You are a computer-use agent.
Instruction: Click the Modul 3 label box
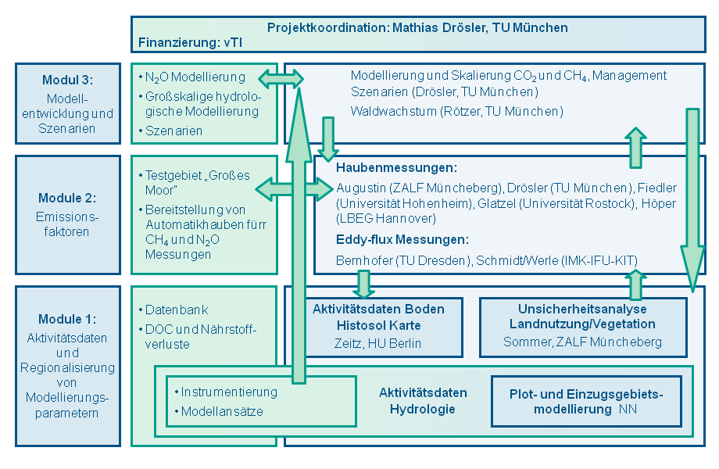click(x=69, y=103)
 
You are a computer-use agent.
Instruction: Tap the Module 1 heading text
click(x=69, y=319)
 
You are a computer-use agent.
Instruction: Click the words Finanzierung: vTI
click(x=190, y=42)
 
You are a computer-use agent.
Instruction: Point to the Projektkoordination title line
click(x=417, y=27)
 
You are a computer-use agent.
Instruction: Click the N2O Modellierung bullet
click(x=195, y=77)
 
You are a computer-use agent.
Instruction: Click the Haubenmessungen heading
click(x=396, y=168)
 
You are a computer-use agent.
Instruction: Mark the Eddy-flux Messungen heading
click(x=402, y=239)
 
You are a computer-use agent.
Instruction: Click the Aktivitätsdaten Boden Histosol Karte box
click(x=378, y=325)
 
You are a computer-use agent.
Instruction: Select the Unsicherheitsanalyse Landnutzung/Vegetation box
click(x=582, y=325)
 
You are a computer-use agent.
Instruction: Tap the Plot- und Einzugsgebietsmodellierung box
click(x=586, y=401)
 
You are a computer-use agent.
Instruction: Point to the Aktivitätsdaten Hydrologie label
click(x=423, y=400)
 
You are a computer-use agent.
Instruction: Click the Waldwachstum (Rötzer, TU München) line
click(x=456, y=111)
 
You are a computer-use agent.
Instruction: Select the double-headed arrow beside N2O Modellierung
click(x=281, y=77)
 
